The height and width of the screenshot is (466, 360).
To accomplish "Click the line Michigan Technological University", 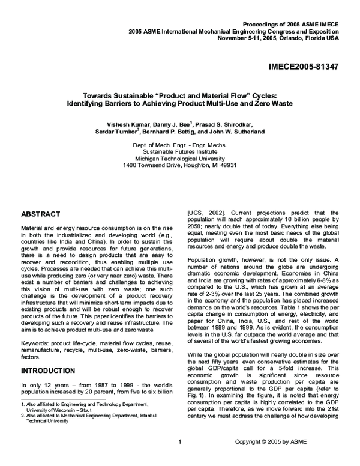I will point(179,159).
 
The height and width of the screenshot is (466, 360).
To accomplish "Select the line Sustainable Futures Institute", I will point(179,152).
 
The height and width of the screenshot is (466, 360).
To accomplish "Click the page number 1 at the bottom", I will point(179,459).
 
